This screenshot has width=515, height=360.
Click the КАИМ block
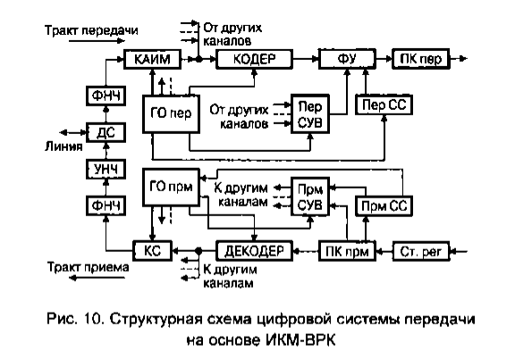[x=152, y=59]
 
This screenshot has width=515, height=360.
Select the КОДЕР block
[x=254, y=59]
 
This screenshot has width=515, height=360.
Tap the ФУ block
[x=347, y=59]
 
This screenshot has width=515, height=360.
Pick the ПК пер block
[x=421, y=59]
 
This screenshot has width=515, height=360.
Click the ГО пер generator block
[x=171, y=113]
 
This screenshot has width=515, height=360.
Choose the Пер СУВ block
[x=310, y=113]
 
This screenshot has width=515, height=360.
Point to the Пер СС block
[x=384, y=105]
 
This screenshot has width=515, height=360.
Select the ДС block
[x=106, y=132]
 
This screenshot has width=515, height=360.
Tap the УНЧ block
[x=106, y=170]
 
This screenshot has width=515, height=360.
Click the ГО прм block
[x=171, y=188]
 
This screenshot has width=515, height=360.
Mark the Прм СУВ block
[x=310, y=197]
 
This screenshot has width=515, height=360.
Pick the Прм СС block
[x=384, y=206]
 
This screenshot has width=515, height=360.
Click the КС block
[x=152, y=251]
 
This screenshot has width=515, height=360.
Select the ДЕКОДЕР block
[x=254, y=251]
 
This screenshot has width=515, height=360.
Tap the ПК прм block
[x=347, y=251]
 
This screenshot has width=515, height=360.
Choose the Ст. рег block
[x=421, y=251]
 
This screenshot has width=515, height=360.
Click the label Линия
[x=63, y=147]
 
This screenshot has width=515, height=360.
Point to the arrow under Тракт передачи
[x=97, y=41]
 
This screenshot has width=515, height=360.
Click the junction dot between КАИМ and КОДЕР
[x=198, y=59]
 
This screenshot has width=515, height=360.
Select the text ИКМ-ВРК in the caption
[x=300, y=340]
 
